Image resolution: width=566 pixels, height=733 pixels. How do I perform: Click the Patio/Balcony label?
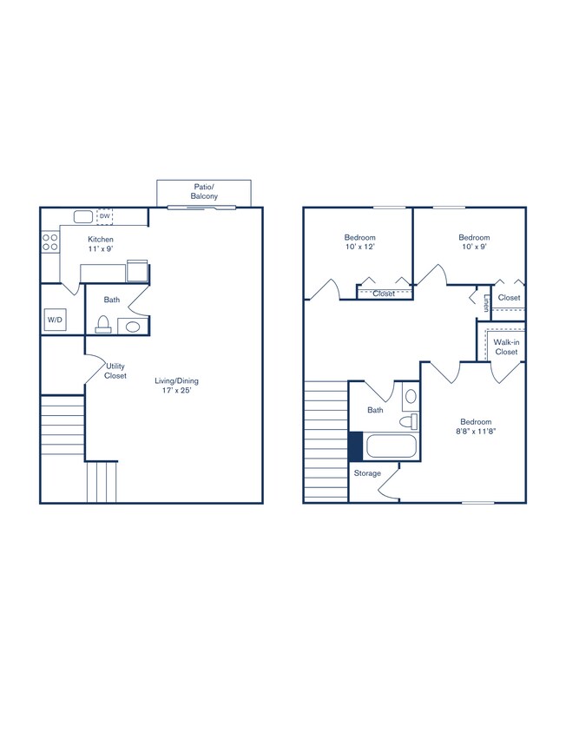pyautogui.click(x=204, y=191)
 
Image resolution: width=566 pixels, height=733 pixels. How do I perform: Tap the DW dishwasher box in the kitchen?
pyautogui.click(x=104, y=216)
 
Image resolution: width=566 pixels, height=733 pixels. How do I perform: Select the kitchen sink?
pyautogui.click(x=83, y=216)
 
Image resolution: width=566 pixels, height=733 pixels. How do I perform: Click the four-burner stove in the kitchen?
pyautogui.click(x=49, y=241)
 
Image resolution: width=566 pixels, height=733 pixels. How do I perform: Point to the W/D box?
pyautogui.click(x=55, y=320)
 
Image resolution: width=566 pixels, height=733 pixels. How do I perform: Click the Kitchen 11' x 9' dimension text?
pyautogui.click(x=101, y=244)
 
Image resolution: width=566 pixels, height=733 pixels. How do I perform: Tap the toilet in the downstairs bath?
pyautogui.click(x=102, y=325)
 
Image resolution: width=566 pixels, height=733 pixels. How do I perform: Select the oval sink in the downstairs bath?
pyautogui.click(x=132, y=327)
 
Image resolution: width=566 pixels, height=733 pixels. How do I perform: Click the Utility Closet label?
pyautogui.click(x=115, y=371)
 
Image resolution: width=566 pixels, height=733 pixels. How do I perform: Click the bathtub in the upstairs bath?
pyautogui.click(x=392, y=446)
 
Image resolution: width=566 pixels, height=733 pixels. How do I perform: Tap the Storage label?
pyautogui.click(x=367, y=473)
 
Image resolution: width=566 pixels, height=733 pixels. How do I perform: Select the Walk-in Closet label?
pyautogui.click(x=506, y=347)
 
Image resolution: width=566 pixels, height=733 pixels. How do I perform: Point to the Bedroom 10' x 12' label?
pyautogui.click(x=359, y=242)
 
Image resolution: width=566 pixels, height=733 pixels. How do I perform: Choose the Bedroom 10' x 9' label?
pyautogui.click(x=474, y=242)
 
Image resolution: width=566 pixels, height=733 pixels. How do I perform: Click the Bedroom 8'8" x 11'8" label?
pyautogui.click(x=476, y=426)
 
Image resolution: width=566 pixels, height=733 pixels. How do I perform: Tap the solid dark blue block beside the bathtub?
pyautogui.click(x=355, y=446)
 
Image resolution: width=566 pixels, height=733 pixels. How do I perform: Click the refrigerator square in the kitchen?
pyautogui.click(x=137, y=271)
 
